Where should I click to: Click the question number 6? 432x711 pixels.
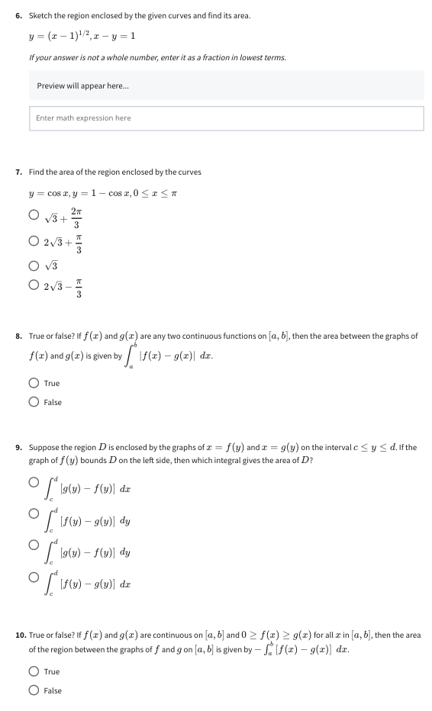[19, 16]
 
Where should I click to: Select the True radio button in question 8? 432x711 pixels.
[34, 383]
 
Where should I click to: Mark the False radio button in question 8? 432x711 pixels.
[34, 402]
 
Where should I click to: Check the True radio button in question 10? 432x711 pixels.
[34, 671]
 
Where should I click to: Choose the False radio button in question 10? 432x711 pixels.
[34, 690]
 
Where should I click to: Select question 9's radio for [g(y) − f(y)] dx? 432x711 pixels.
[34, 484]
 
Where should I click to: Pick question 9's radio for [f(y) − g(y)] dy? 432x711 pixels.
[34, 518]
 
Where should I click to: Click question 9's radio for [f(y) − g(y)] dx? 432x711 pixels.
[34, 586]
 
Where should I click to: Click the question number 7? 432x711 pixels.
[19, 172]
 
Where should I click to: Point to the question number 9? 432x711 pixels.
[19, 447]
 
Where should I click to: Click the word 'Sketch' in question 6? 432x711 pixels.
[40, 16]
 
